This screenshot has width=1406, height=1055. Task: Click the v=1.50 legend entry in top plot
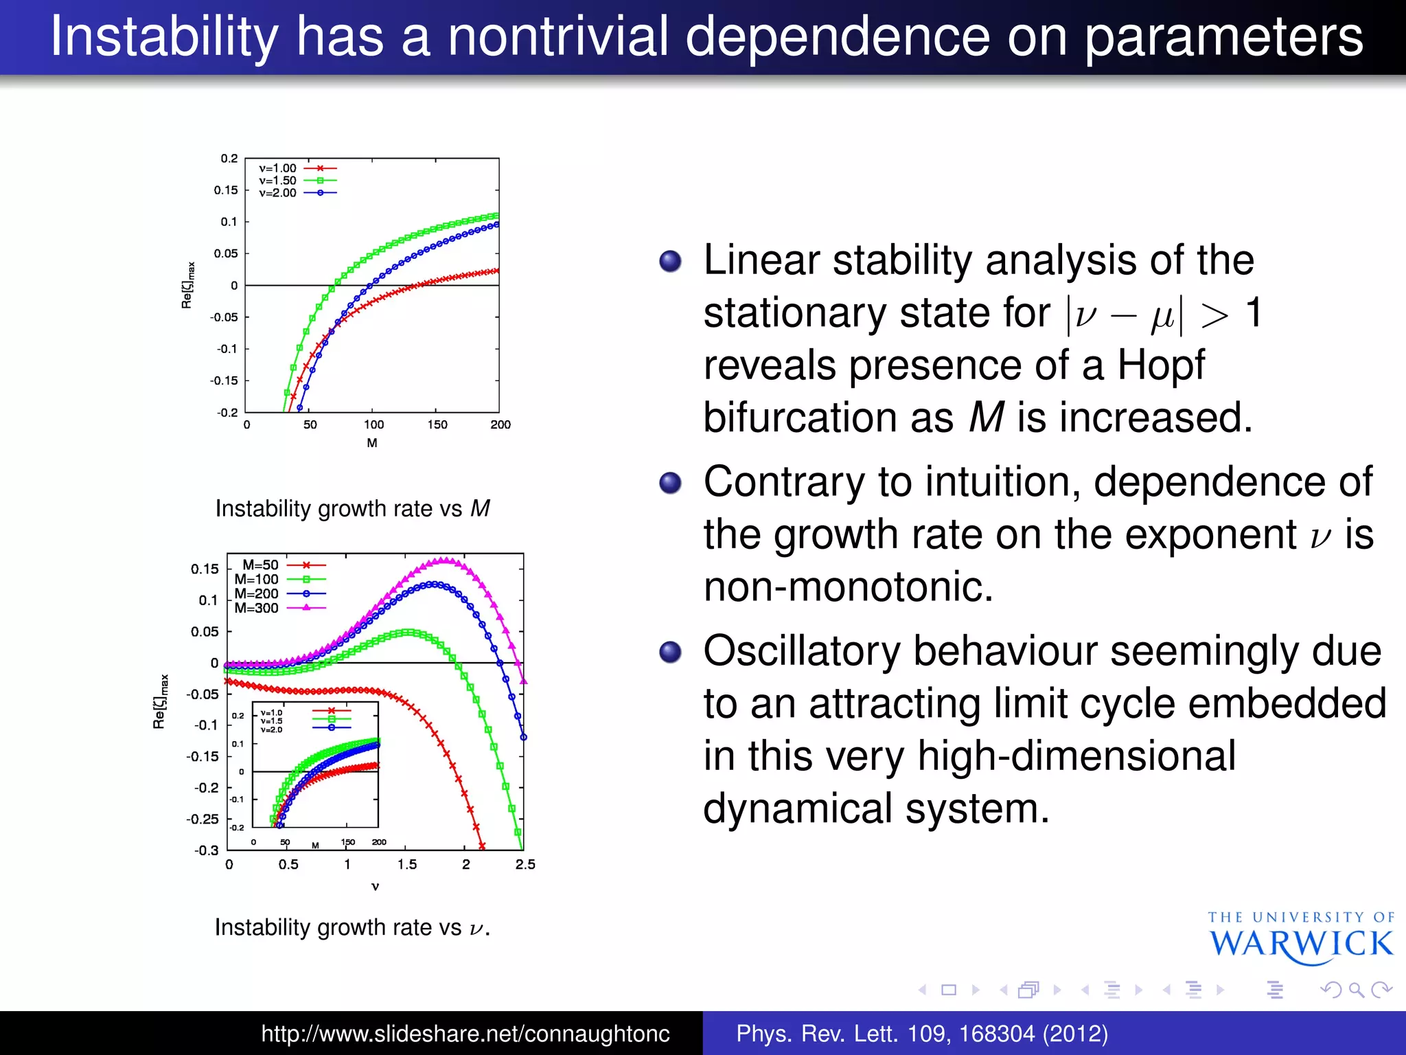(x=297, y=181)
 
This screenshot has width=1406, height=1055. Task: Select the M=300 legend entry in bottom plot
(x=278, y=608)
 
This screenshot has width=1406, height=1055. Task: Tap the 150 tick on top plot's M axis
(x=437, y=424)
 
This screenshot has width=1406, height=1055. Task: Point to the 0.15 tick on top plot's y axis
(x=226, y=190)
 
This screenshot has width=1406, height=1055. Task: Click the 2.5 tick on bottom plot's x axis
(x=525, y=865)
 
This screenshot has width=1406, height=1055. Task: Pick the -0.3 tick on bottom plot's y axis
(x=206, y=850)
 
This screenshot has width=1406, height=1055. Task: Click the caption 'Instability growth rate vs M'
(x=352, y=509)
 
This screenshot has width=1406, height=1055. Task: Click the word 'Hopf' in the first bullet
(x=1160, y=365)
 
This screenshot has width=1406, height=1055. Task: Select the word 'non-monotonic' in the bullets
(x=849, y=587)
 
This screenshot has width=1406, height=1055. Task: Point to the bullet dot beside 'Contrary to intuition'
(x=670, y=482)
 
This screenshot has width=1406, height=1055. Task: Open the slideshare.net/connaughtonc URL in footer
(x=465, y=1034)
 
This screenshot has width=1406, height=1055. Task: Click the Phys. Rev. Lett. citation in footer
(x=922, y=1034)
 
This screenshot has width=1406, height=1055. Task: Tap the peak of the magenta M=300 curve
(x=446, y=560)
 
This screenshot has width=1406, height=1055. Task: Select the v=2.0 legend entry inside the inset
(x=272, y=729)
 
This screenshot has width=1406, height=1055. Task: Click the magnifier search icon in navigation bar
(x=1355, y=990)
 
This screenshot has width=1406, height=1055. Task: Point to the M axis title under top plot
(x=372, y=443)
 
